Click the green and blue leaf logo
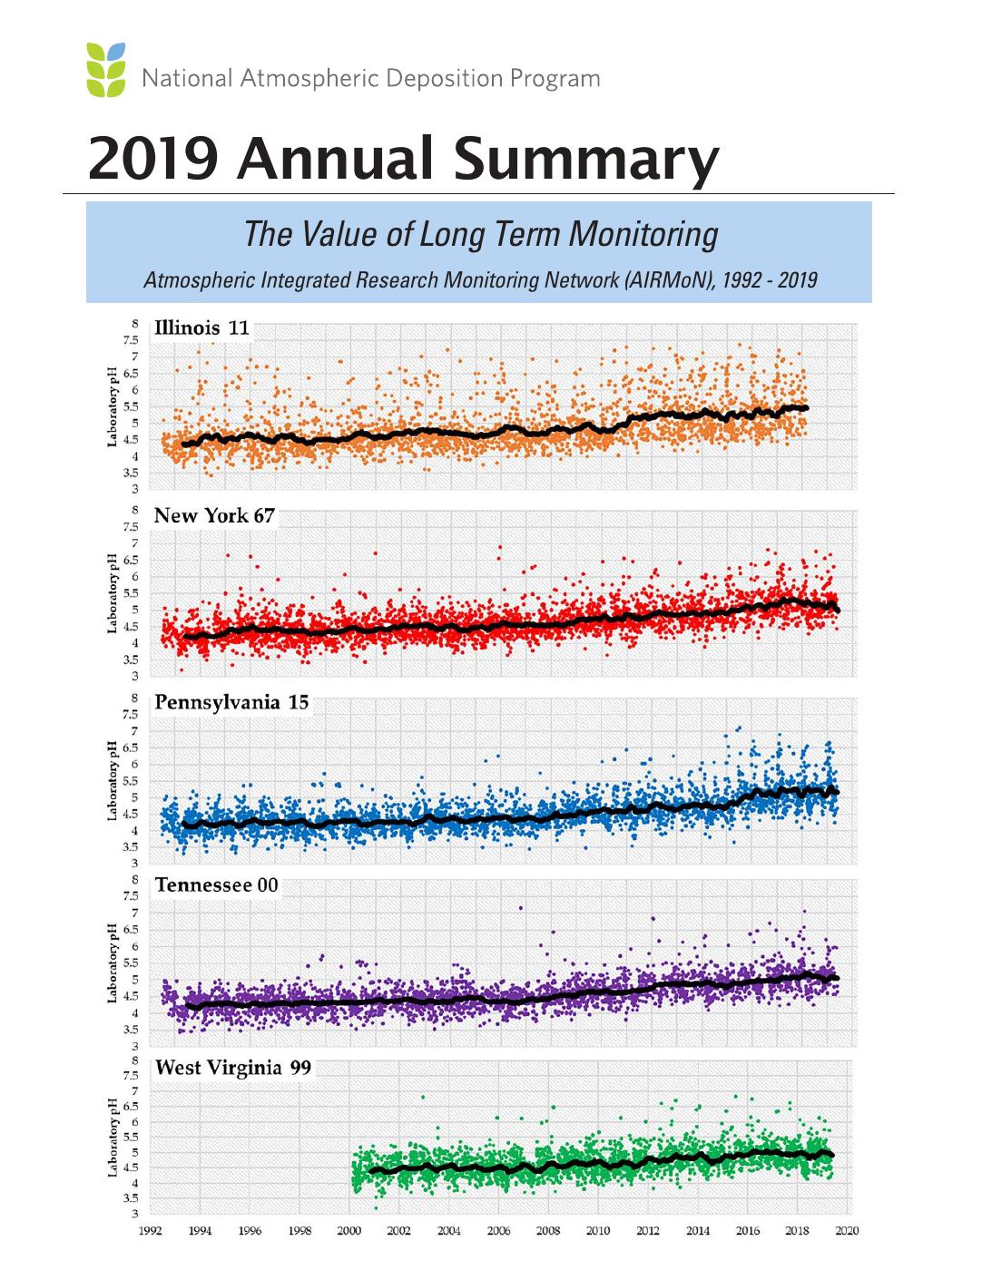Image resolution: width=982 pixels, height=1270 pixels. coord(106,69)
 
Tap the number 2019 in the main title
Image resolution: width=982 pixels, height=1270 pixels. coord(153,158)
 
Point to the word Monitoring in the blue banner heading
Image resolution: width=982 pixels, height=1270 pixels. coord(643,235)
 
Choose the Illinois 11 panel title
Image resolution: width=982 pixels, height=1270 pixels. coord(201,327)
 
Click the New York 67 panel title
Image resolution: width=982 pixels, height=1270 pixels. coord(214,515)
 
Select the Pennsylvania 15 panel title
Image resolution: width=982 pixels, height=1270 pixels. coord(231,702)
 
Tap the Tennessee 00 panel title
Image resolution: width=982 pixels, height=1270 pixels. coord(216,884)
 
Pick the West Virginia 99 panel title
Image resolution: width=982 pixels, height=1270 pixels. coord(232,1068)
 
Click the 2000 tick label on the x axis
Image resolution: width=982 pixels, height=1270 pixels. coord(349,1230)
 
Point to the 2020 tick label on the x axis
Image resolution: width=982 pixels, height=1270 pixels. coord(847,1230)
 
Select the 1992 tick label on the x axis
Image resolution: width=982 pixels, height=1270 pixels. coord(151,1230)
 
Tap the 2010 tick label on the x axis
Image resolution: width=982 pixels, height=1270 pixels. coord(598,1230)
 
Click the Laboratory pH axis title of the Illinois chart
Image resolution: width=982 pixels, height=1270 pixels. coord(113,406)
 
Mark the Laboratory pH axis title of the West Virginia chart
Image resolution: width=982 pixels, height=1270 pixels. coord(113,1138)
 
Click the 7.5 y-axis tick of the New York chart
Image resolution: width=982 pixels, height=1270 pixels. coord(131,526)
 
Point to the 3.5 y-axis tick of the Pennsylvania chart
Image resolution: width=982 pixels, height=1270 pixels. coord(131,847)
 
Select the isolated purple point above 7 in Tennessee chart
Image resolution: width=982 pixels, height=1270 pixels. coord(520,908)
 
